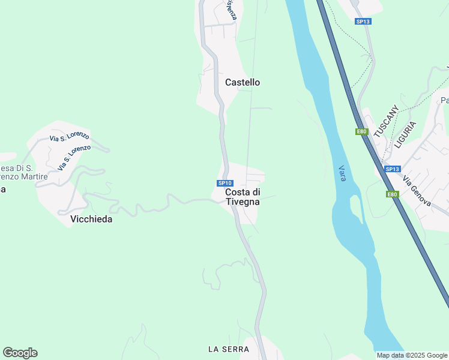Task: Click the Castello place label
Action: pyautogui.click(x=243, y=82)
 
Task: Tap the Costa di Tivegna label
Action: pyautogui.click(x=243, y=197)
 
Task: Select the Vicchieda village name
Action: pyautogui.click(x=91, y=219)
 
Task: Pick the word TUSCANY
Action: pyautogui.click(x=385, y=122)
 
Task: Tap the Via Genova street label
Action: pyautogui.click(x=417, y=191)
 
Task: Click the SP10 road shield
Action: pyautogui.click(x=224, y=183)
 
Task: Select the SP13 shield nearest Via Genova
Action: pyautogui.click(x=392, y=169)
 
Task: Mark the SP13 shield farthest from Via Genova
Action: pyautogui.click(x=363, y=22)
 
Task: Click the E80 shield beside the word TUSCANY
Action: pyautogui.click(x=361, y=131)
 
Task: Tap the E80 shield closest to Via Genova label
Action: pyautogui.click(x=392, y=194)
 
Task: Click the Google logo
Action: pyautogui.click(x=20, y=353)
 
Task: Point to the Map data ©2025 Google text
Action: pyautogui.click(x=412, y=355)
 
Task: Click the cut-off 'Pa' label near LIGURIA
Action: pyautogui.click(x=445, y=100)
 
